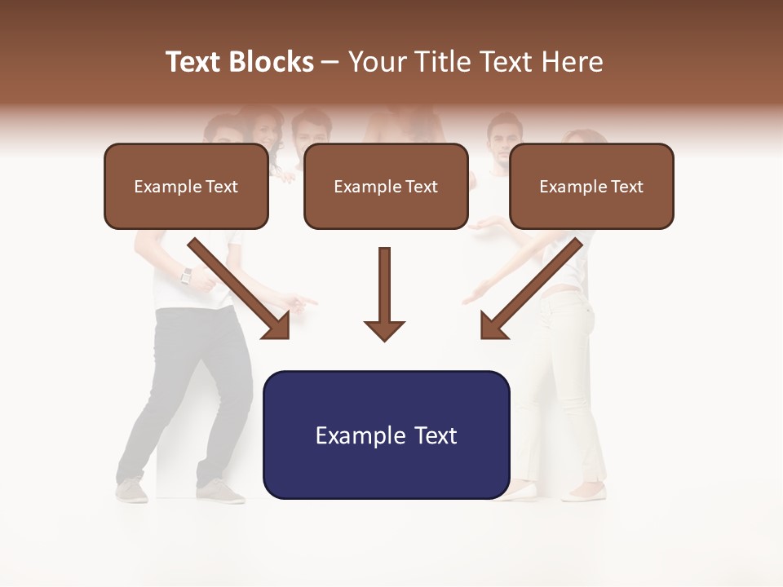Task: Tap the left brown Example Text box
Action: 186,187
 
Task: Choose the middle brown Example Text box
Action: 386,187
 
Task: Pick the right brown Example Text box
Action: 591,187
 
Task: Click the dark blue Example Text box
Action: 386,435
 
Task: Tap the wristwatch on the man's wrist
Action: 187,276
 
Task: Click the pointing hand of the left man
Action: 302,303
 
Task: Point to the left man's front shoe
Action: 220,492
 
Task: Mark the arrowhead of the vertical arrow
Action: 384,329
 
